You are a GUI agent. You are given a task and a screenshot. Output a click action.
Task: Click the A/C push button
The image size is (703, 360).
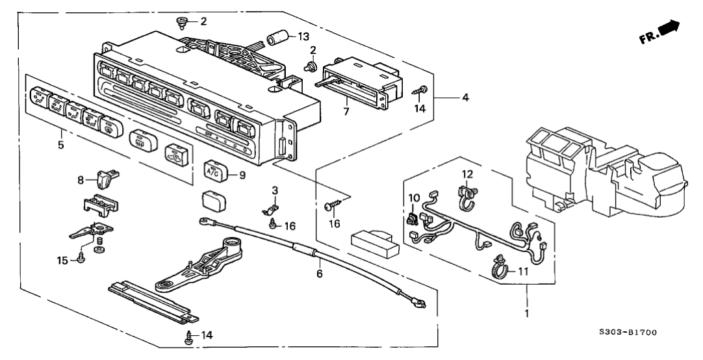coord(214,170)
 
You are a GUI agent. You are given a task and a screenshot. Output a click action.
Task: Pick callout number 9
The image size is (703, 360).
coord(243,174)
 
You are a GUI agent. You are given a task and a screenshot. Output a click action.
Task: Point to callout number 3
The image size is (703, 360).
coord(275,189)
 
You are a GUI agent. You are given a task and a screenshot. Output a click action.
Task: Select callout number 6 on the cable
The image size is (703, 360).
coord(319,274)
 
